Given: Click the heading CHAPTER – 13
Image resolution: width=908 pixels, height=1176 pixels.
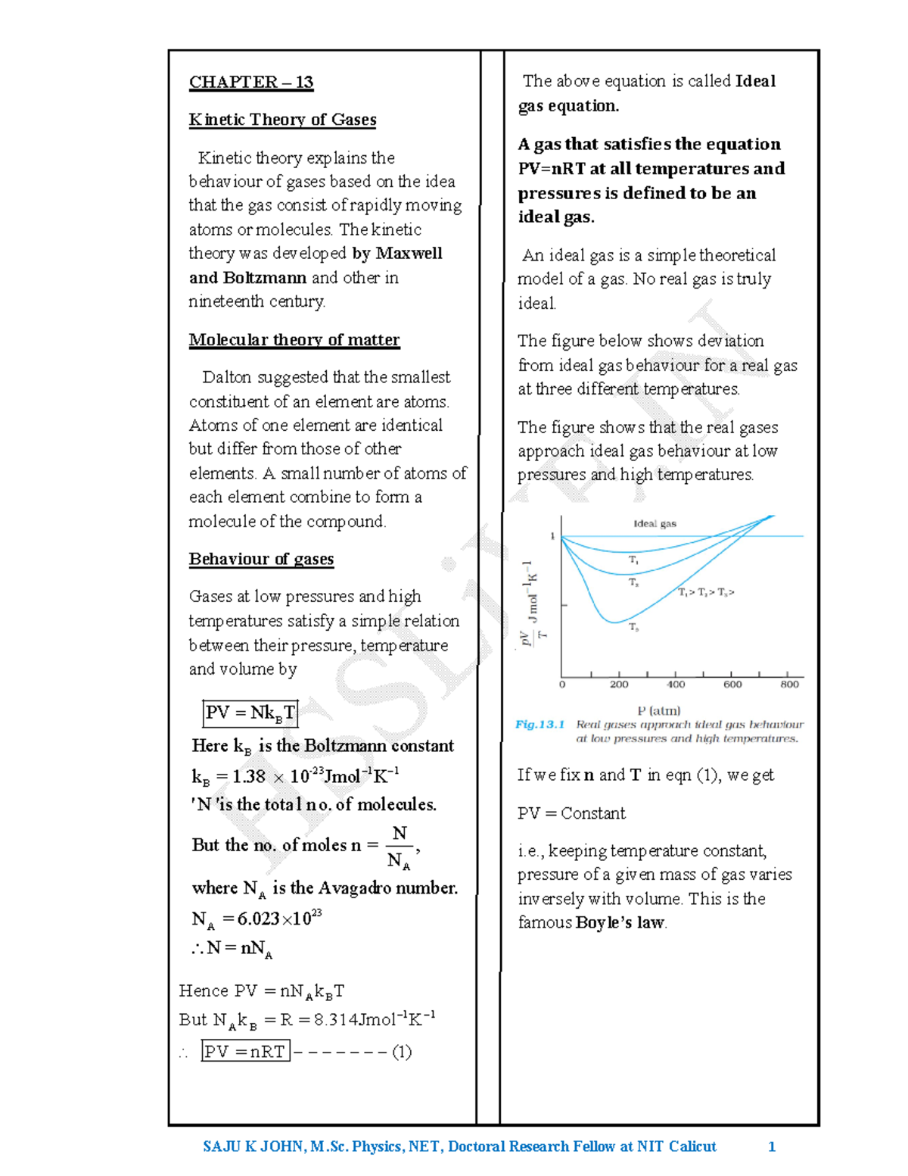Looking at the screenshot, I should coord(250,82).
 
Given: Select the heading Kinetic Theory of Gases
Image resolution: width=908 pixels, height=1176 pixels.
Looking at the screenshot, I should coord(282,120).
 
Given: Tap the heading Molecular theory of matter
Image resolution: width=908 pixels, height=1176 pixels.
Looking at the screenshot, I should coord(294,340).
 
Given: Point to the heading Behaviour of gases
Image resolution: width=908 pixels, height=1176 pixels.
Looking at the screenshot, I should coord(261,559).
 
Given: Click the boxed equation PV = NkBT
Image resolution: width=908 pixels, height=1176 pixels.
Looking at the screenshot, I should coord(250,713).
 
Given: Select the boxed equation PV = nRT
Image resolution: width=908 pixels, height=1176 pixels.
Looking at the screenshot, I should coord(245,1051).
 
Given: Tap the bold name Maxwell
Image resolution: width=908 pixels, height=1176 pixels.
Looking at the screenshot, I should coord(409,253).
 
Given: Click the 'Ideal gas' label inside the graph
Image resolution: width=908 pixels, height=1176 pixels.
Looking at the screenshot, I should coord(655,523).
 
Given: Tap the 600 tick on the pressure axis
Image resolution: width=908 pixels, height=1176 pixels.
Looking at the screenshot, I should coord(732,685).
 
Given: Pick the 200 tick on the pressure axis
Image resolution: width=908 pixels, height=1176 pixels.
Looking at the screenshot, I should coord(619,685).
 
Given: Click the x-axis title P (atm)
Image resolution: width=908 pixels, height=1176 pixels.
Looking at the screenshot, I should coord(658,710).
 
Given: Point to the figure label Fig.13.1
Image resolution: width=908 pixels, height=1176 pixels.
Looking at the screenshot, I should coord(540,725).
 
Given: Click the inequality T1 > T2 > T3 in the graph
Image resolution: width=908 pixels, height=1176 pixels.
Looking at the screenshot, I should coord(705,592).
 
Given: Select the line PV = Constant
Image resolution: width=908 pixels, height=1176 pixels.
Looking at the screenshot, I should coord(571,813).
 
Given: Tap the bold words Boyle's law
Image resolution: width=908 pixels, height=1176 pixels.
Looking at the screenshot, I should coord(620,922).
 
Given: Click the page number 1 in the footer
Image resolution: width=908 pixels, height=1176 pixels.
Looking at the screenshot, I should coord(771,1146).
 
